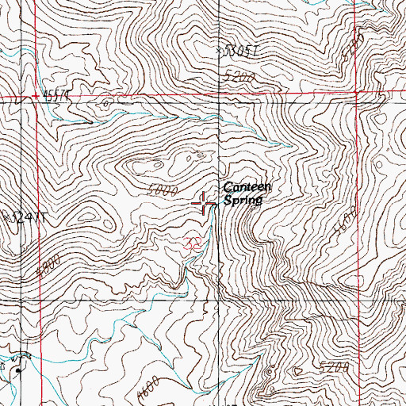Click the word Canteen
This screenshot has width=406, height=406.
247,187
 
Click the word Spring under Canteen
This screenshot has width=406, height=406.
242,201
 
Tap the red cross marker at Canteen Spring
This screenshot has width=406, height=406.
205,205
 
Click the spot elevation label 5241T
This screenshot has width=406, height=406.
21,216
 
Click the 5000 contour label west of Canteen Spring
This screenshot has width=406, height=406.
161,191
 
